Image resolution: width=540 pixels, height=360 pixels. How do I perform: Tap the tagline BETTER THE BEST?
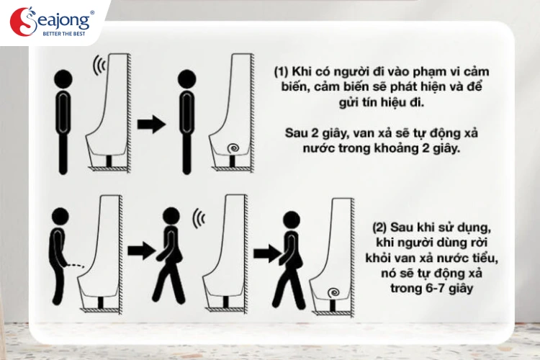[63, 34]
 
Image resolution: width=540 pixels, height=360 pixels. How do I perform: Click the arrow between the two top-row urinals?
[151, 124]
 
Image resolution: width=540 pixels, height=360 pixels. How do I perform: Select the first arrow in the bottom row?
[142, 251]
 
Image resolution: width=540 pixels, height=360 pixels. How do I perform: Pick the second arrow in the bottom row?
[268, 253]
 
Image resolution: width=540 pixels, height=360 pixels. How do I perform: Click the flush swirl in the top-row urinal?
[234, 148]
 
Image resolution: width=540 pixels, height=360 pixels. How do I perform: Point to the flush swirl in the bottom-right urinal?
[333, 293]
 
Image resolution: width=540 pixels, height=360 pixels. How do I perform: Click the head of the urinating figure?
[60, 217]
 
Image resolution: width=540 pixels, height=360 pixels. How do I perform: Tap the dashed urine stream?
[76, 265]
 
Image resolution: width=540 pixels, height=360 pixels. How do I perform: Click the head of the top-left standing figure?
[63, 79]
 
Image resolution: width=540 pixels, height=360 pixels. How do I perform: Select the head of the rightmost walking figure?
[292, 220]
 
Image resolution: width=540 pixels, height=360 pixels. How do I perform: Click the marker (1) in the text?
[281, 71]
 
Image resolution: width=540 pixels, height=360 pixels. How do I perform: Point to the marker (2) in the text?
[380, 228]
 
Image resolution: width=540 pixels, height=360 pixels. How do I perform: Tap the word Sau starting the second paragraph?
[295, 133]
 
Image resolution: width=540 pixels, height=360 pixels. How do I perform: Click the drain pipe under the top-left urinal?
[109, 161]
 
